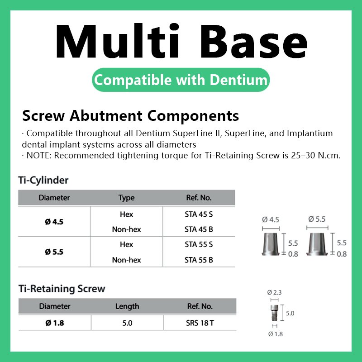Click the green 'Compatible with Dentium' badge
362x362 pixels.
[181, 81]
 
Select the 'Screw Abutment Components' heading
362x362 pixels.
[130, 116]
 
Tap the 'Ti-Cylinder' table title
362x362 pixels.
[43, 180]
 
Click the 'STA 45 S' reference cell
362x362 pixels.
[199, 214]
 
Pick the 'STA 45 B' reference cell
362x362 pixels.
[199, 229]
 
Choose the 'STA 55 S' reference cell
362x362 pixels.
[199, 244]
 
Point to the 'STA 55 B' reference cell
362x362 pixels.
[199, 260]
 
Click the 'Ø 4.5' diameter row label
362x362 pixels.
[54, 222]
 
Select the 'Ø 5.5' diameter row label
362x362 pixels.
[54, 252]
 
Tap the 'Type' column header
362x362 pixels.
[126, 198]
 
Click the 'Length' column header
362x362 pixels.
[127, 306]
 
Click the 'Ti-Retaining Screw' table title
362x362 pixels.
[62, 289]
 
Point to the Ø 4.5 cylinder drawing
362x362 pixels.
[271, 245]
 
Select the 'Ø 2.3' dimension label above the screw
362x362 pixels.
[275, 292]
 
